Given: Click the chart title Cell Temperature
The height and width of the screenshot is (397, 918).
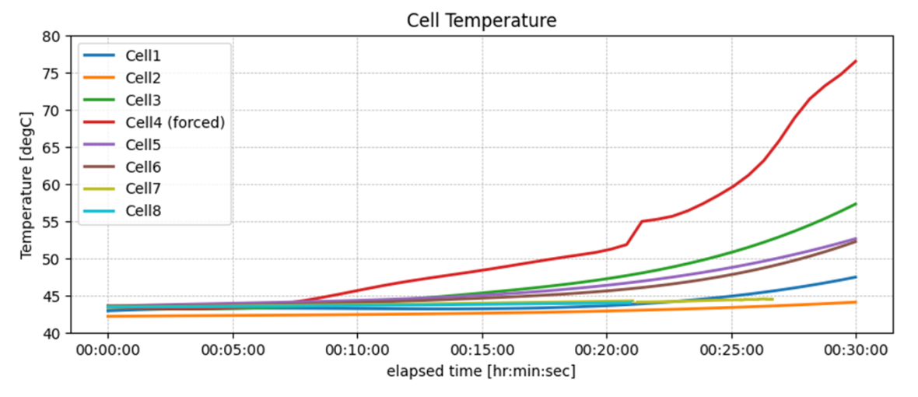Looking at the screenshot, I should [x=482, y=20].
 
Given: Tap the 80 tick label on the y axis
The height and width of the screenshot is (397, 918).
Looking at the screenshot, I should [x=52, y=37].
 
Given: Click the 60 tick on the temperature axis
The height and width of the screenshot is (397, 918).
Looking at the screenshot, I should [x=52, y=185].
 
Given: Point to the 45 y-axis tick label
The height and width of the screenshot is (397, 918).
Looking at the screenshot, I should [x=52, y=297].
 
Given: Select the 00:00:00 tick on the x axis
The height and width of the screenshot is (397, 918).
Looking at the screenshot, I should [x=107, y=351].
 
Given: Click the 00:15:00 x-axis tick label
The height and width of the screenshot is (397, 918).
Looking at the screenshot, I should [x=482, y=351].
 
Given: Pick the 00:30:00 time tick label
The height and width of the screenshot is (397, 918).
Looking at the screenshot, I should [x=856, y=351].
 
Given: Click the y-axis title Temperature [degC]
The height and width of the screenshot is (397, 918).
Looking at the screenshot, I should [x=26, y=184].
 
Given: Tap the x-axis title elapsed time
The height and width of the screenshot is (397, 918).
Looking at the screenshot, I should [x=482, y=372].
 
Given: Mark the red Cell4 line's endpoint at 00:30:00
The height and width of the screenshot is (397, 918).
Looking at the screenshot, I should [x=856, y=61].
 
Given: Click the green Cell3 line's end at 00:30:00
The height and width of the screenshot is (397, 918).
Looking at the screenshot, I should [x=856, y=204].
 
